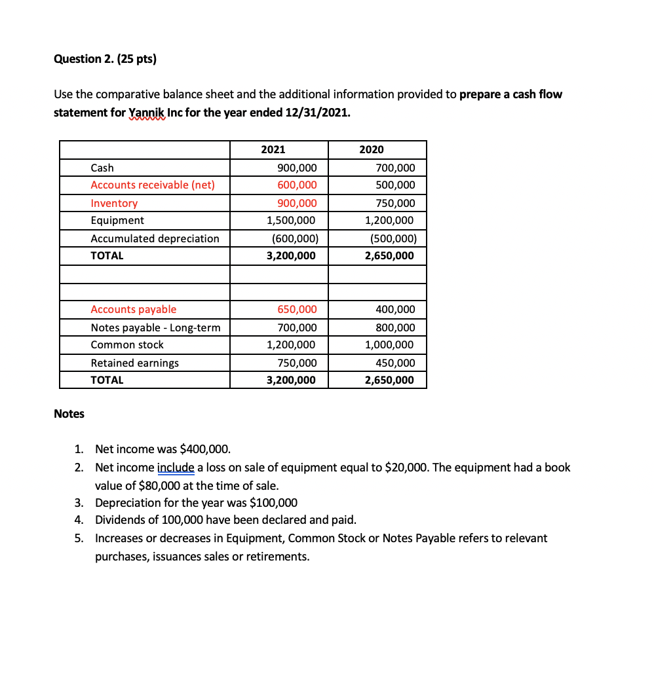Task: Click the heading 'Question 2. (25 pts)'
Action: pos(106,60)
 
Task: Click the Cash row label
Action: pos(102,168)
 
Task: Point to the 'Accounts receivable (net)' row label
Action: pos(152,185)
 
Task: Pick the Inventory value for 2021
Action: pos(297,204)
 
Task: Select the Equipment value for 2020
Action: pos(389,221)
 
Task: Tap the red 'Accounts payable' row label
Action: pos(133,310)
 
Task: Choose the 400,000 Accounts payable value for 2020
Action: pos(395,310)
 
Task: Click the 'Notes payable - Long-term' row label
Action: pos(155,327)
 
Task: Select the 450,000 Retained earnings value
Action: pos(395,363)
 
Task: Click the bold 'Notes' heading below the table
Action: pos(69,414)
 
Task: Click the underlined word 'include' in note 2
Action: pos(176,468)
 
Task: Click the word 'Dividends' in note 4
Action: pos(118,521)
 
